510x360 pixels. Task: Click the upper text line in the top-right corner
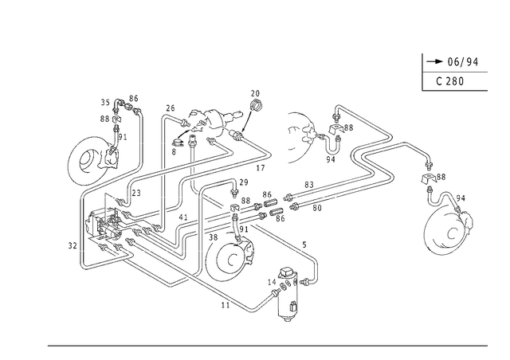(x=456, y=61)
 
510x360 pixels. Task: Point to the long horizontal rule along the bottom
(x=267, y=346)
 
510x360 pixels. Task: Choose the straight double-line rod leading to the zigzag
(x=319, y=195)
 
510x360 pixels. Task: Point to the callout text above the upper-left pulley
(x=116, y=108)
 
